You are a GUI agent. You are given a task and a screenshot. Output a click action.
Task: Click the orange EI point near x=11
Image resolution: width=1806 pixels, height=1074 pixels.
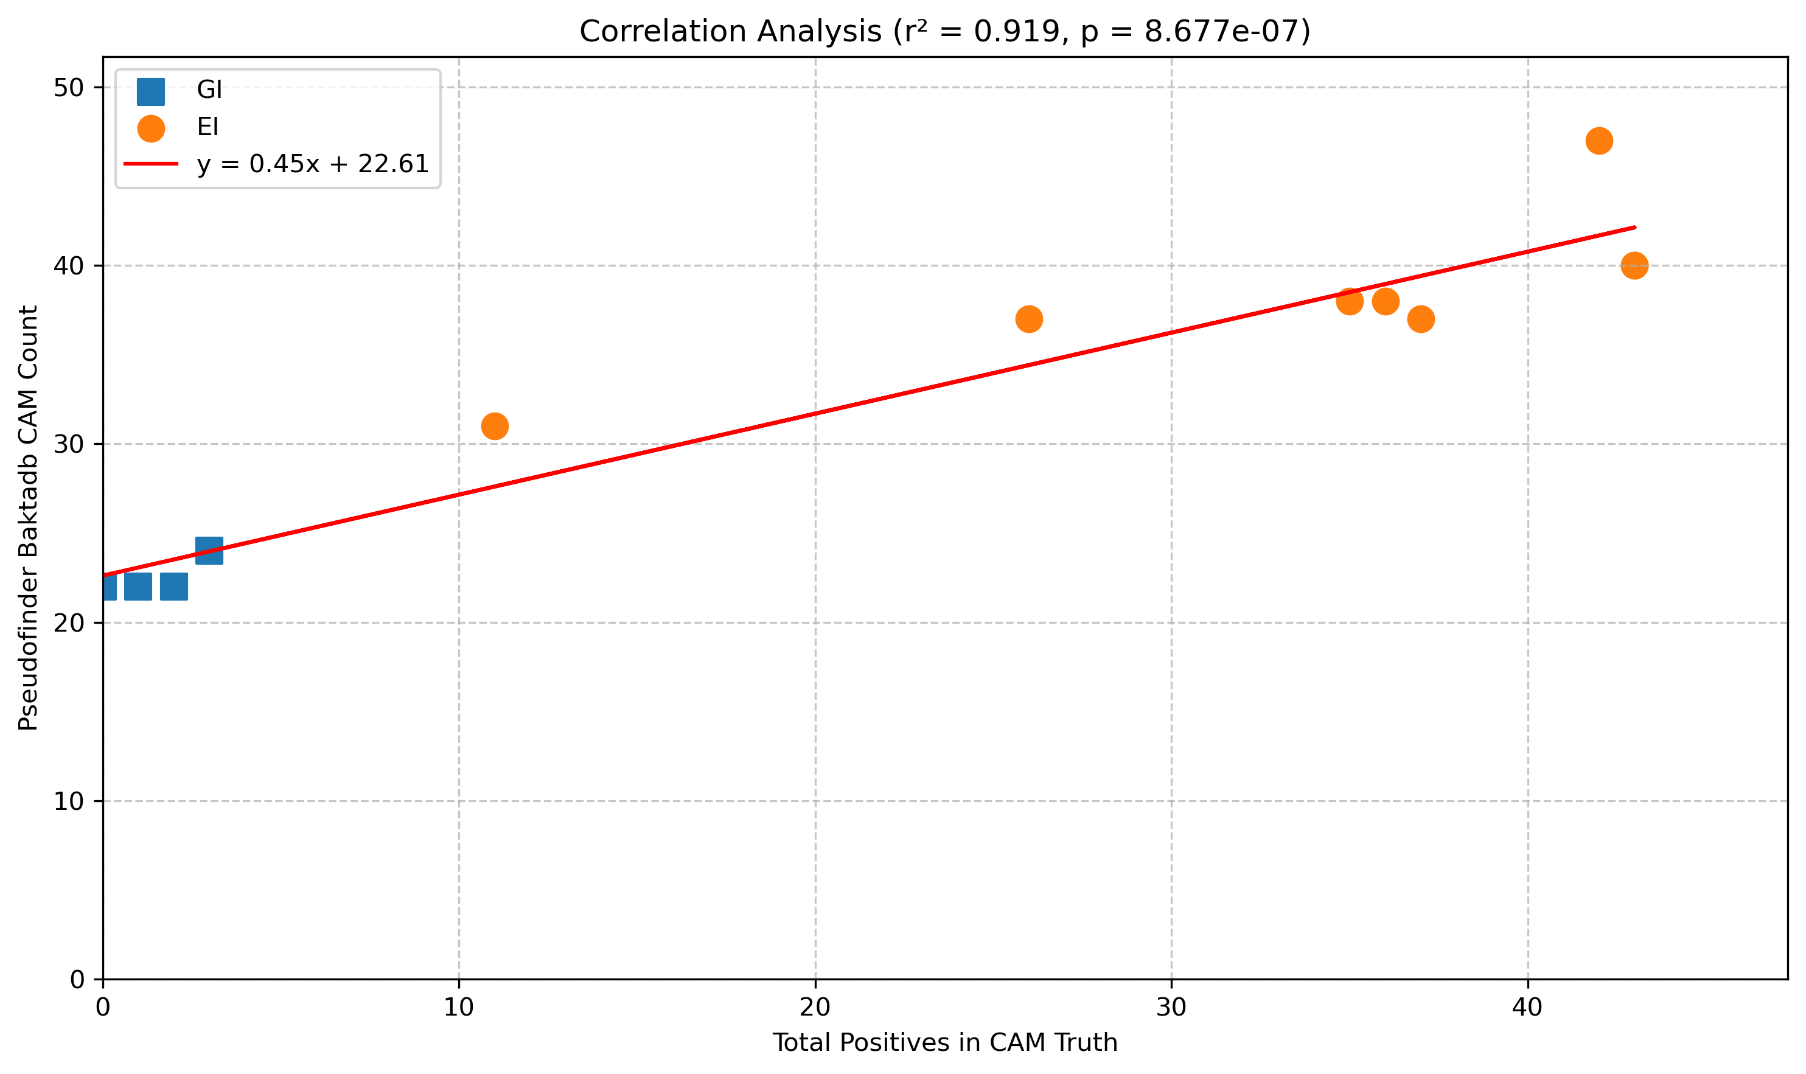(494, 427)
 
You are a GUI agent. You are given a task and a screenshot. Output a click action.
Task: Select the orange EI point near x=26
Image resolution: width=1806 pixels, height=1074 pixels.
(1028, 319)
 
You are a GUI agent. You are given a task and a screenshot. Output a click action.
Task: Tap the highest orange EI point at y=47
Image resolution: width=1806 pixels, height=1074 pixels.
(1599, 141)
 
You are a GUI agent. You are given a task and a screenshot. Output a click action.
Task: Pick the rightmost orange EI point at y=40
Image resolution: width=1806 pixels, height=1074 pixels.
(1634, 265)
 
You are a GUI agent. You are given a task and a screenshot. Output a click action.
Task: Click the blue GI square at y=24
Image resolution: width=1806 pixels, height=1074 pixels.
(209, 551)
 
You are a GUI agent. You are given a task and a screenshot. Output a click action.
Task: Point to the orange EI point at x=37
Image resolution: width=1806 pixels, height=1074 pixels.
(1420, 319)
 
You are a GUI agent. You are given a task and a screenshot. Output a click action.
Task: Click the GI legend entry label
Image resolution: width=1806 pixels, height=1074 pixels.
(209, 89)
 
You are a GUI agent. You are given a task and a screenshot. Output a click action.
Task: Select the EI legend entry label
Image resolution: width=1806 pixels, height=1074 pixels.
(207, 127)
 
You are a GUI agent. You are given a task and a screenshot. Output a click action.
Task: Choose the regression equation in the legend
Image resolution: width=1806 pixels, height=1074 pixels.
(313, 164)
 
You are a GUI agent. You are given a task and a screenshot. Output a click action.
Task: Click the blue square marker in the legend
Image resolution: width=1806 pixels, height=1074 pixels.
(150, 91)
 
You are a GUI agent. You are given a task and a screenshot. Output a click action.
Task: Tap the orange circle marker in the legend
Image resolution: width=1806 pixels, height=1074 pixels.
(150, 128)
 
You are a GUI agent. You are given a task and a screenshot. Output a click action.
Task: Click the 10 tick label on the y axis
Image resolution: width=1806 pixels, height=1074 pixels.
(69, 801)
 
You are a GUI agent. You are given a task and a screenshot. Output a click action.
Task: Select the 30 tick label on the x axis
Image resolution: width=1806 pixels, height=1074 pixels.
(1171, 1008)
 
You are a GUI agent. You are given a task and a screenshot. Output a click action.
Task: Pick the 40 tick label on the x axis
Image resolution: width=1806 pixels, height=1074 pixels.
(1527, 1008)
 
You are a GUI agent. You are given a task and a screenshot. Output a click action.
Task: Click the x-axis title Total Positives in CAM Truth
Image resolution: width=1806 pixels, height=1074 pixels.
(944, 1043)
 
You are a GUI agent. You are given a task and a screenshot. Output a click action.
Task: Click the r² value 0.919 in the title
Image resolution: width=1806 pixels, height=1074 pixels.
(1017, 32)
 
